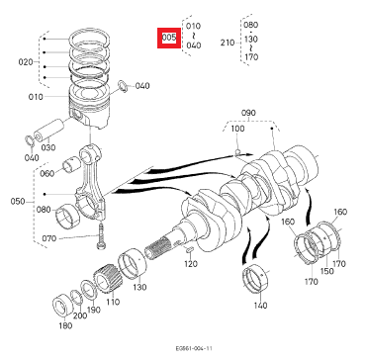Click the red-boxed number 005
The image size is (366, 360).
(x=169, y=38)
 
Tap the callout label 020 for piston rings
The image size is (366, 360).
(x=26, y=62)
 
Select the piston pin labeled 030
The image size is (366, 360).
(x=48, y=131)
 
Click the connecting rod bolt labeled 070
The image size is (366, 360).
(x=100, y=235)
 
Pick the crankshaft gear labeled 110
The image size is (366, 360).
(x=108, y=280)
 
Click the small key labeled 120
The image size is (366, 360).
(x=190, y=250)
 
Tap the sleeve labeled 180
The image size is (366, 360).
(x=63, y=306)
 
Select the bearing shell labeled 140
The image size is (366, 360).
(x=255, y=278)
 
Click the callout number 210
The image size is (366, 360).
(x=228, y=43)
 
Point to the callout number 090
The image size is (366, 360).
(x=248, y=113)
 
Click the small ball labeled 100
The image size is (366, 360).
(x=237, y=152)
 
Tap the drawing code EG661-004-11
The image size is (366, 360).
(x=194, y=348)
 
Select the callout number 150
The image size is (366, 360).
(x=327, y=271)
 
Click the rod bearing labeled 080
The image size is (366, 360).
(x=67, y=217)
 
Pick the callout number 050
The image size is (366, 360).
(x=18, y=201)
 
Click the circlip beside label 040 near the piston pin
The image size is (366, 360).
(x=30, y=140)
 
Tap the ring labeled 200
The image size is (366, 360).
(x=77, y=298)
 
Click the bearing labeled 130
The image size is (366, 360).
(x=133, y=264)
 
